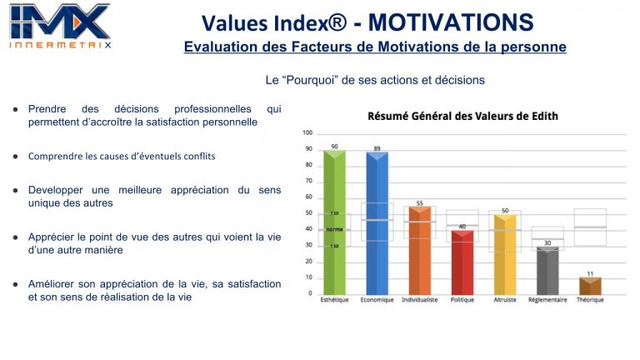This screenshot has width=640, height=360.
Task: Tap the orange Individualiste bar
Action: pyautogui.click(x=419, y=250)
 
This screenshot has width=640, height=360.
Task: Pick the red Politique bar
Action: pyautogui.click(x=462, y=262)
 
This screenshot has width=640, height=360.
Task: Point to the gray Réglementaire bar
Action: pyautogui.click(x=547, y=271)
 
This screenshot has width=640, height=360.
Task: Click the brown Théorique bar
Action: pyautogui.click(x=590, y=285)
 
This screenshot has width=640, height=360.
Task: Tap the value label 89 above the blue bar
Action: pyautogui.click(x=377, y=147)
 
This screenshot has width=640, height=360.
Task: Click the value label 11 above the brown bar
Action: pyautogui.click(x=590, y=273)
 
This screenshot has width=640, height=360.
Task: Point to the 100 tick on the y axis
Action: pyautogui.click(x=307, y=133)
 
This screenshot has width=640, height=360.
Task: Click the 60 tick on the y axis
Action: pyautogui.click(x=308, y=197)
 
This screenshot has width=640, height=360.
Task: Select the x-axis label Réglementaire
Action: pyautogui.click(x=547, y=300)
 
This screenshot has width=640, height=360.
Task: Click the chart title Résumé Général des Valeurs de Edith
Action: pyautogui.click(x=462, y=116)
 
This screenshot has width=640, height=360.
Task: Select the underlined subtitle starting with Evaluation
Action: pyautogui.click(x=375, y=47)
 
